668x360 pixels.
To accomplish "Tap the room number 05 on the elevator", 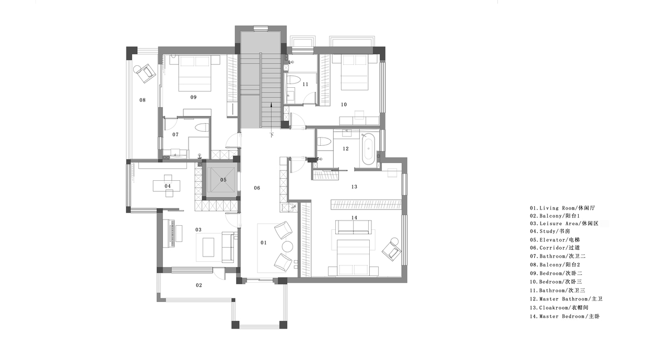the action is tap(224, 180).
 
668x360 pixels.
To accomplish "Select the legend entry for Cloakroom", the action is tap(559, 308).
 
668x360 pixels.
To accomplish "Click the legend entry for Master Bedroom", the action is tap(565, 316).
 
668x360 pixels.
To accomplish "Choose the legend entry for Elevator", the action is tap(555, 239).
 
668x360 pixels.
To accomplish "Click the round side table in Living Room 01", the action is tap(288, 247).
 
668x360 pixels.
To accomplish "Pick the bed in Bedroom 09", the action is tap(195, 73).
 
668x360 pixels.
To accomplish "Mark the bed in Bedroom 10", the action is tap(355, 73).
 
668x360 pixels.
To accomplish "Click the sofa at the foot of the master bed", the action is tap(354, 227).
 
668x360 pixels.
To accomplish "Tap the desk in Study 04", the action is tap(167, 186).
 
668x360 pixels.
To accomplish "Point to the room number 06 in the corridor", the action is tap(257, 188).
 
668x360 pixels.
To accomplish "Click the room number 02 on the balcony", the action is tap(199, 285).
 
